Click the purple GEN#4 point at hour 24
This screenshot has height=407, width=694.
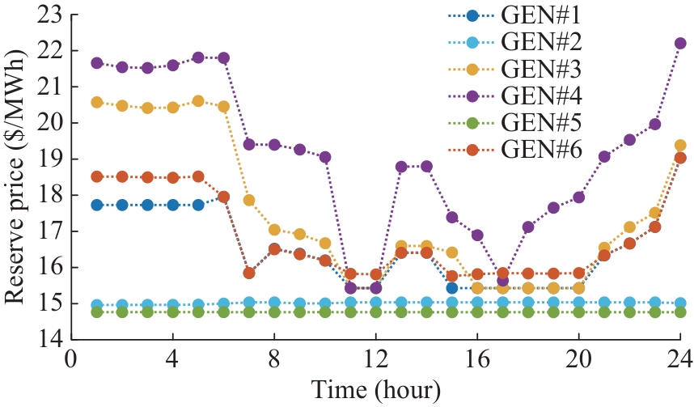point(680,43)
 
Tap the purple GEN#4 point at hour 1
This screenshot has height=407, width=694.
point(97,62)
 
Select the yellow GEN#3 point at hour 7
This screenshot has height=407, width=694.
point(249,200)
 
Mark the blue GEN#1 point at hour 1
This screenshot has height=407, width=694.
point(97,205)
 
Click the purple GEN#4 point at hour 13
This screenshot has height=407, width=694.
point(401,167)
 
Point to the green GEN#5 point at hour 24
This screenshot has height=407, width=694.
point(680,312)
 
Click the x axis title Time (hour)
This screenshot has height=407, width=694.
point(375,389)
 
